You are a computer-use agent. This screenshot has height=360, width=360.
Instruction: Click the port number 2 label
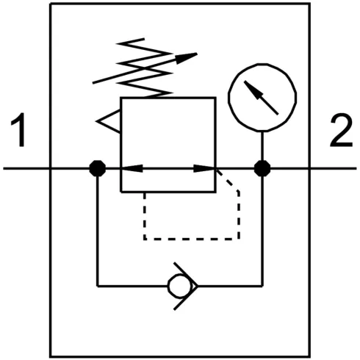click(x=339, y=134)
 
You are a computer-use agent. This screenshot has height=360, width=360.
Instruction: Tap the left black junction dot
click(x=96, y=168)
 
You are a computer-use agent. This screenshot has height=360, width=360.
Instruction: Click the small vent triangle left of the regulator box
click(x=109, y=120)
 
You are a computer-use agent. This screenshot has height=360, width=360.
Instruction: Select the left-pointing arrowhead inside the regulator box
click(x=130, y=168)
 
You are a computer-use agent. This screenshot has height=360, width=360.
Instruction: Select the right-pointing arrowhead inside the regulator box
click(x=206, y=168)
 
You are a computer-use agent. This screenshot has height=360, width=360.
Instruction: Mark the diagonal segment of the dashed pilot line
click(x=229, y=180)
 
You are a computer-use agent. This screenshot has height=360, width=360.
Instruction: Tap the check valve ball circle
click(x=176, y=285)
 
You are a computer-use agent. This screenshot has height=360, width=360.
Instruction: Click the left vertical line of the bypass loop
click(x=97, y=228)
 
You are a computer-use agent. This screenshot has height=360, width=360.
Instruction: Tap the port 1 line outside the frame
click(x=26, y=168)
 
